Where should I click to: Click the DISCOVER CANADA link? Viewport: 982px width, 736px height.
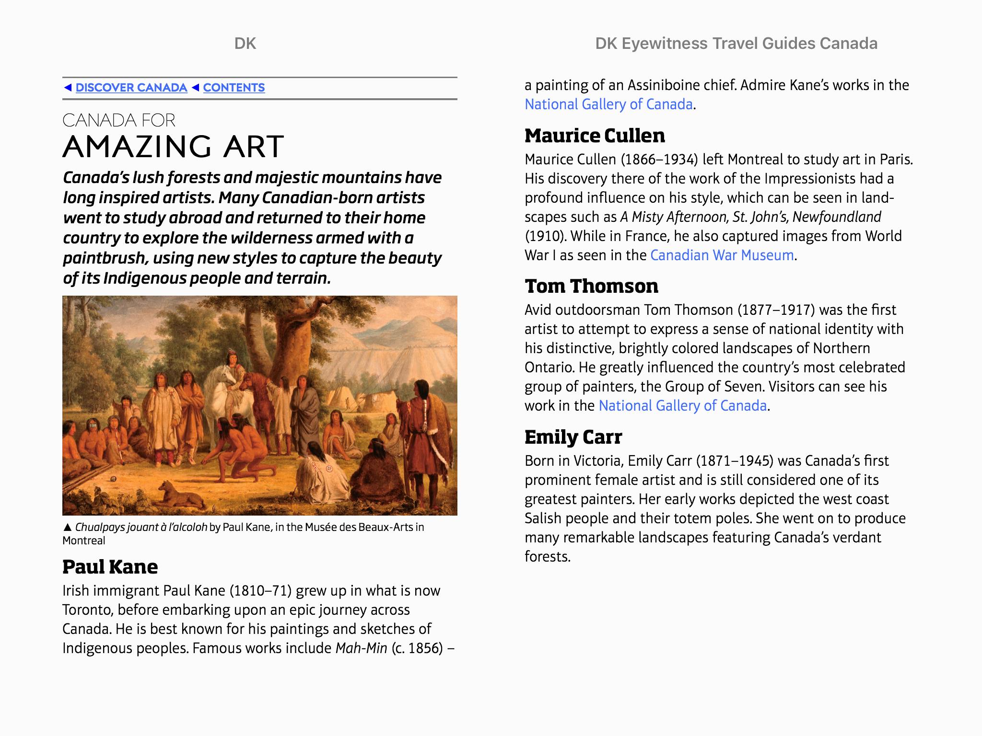(131, 88)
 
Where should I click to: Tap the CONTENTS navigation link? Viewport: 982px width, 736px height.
(234, 88)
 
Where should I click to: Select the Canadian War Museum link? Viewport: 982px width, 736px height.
(722, 255)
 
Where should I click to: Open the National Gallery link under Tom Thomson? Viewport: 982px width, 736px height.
(682, 406)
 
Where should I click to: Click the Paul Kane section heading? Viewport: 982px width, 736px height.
(110, 567)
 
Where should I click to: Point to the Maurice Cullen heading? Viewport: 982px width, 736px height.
(595, 136)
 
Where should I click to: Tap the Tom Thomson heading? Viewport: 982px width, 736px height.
(591, 286)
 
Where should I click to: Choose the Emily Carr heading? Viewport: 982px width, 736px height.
(573, 437)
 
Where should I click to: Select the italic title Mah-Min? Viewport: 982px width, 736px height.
(361, 648)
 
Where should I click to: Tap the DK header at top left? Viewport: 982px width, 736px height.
(245, 44)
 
